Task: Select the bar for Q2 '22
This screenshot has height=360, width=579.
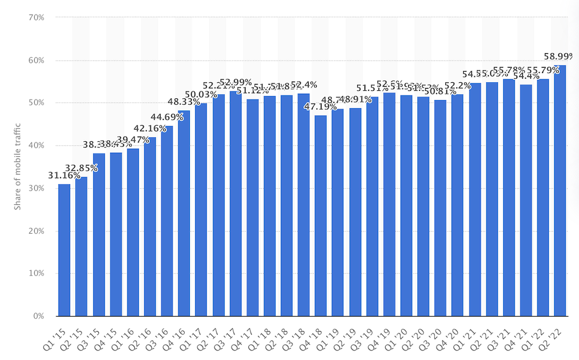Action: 560,191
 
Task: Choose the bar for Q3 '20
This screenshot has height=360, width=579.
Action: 440,208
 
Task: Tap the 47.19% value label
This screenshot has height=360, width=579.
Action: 320,107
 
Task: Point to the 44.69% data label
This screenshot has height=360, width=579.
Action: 167,117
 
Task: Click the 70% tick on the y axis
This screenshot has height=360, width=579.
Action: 36,17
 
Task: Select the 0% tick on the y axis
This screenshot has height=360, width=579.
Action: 39,317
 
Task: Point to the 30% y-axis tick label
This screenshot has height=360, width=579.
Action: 36,189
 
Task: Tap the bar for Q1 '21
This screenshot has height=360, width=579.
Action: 475,200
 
